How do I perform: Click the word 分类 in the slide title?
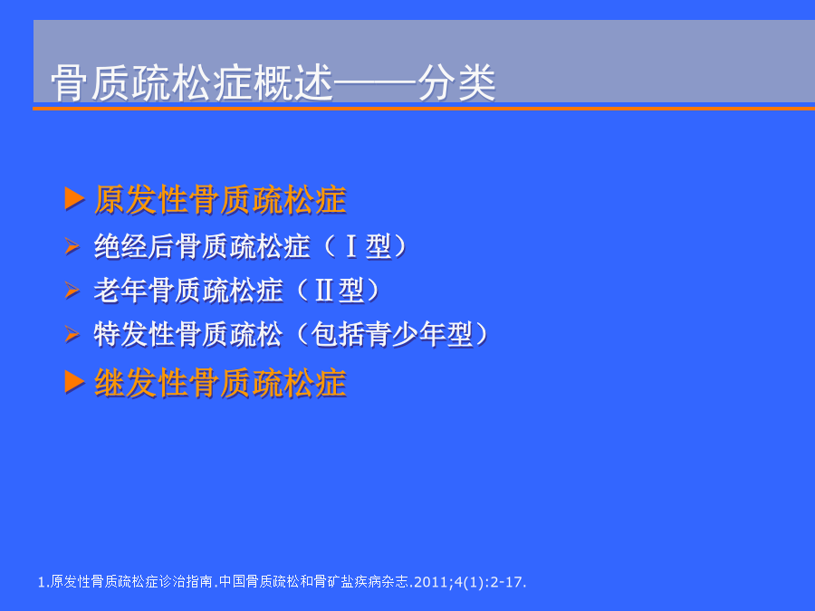point(457,83)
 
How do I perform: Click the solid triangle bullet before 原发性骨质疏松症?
point(75,198)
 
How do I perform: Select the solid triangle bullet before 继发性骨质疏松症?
point(75,382)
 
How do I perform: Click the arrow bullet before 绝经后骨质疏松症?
point(72,245)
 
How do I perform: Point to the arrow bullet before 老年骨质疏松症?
point(72,290)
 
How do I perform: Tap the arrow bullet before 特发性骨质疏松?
point(72,333)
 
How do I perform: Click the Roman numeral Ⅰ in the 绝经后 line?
point(351,246)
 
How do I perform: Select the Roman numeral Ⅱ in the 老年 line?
point(324,291)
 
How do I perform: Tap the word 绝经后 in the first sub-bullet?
point(134,246)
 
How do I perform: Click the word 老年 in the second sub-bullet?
point(120,291)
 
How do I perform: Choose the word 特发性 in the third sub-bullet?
point(134,334)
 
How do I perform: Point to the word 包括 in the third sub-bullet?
point(338,334)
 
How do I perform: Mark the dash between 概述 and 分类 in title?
point(376,83)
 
